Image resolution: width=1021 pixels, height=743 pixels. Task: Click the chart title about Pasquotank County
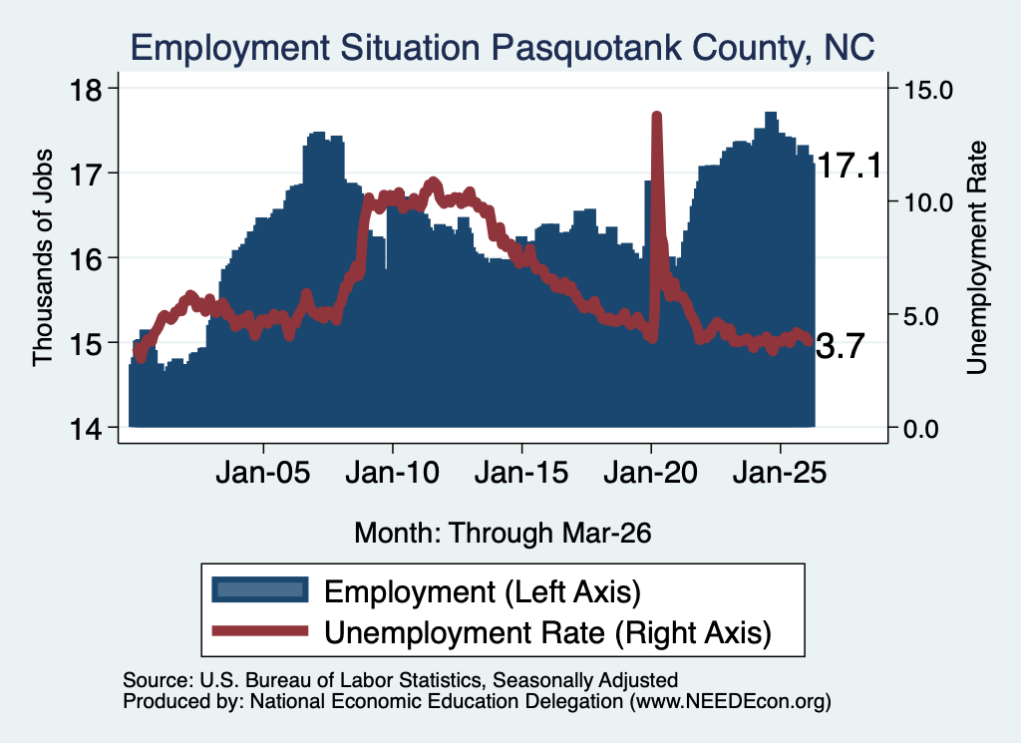(x=503, y=48)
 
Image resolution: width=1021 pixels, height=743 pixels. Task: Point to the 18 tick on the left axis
(x=86, y=89)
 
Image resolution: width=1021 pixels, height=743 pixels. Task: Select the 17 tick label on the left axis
(x=86, y=174)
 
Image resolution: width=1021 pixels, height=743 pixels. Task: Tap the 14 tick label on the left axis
(x=86, y=429)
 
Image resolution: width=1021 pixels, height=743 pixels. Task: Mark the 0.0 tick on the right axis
(x=921, y=429)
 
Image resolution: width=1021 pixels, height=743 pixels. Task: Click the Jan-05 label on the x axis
(x=263, y=473)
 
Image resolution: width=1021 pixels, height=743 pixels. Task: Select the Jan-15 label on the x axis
(x=521, y=473)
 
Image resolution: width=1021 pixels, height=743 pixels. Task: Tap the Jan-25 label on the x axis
(x=780, y=473)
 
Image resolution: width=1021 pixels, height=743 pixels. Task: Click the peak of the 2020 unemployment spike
(x=657, y=116)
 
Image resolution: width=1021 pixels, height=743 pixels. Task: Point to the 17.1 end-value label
(x=849, y=166)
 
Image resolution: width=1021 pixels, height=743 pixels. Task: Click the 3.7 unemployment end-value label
(x=840, y=346)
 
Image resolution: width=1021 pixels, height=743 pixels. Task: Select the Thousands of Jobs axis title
(x=42, y=258)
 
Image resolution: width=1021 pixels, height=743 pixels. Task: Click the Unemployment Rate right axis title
(x=977, y=258)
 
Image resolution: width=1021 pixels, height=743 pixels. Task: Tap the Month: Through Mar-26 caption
(x=503, y=533)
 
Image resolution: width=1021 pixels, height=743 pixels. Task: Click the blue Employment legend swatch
(x=260, y=589)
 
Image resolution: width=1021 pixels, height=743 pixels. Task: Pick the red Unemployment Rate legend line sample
(x=260, y=630)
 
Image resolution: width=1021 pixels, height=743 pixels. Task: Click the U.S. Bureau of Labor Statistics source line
(x=401, y=680)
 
